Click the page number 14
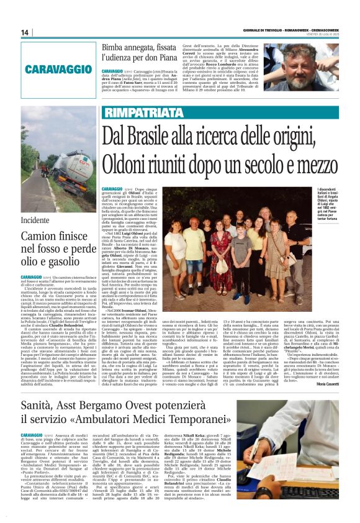point(25,33)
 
